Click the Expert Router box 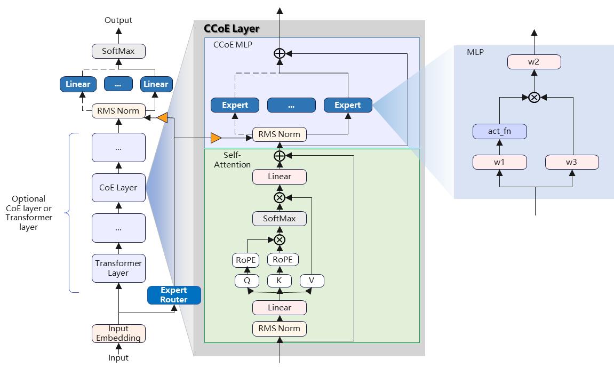tap(174, 295)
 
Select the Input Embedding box tap(118, 333)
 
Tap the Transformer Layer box tap(118, 268)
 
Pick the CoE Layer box tap(118, 188)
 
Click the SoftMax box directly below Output tap(118, 51)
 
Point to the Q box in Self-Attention tap(247, 281)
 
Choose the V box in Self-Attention tap(312, 281)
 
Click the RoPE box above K tap(283, 260)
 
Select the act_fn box tap(500, 132)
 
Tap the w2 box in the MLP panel tap(534, 62)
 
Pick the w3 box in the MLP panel tap(572, 162)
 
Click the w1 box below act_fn tap(500, 162)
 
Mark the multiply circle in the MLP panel tap(534, 97)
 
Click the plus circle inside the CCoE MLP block tap(279, 53)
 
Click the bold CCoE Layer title tap(232, 29)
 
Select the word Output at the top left tap(118, 20)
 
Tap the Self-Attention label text tap(232, 159)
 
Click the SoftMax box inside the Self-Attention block tap(279, 219)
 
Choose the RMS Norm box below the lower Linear tap(279, 329)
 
